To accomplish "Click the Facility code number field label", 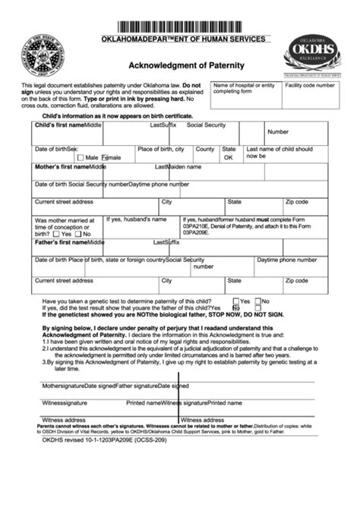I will coord(309,86).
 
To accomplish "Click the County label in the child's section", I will coord(205,149).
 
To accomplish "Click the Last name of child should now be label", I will coord(280,153).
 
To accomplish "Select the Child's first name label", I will coord(59,125).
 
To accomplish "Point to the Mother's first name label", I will coord(62,166).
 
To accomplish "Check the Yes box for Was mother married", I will coord(56,235).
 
